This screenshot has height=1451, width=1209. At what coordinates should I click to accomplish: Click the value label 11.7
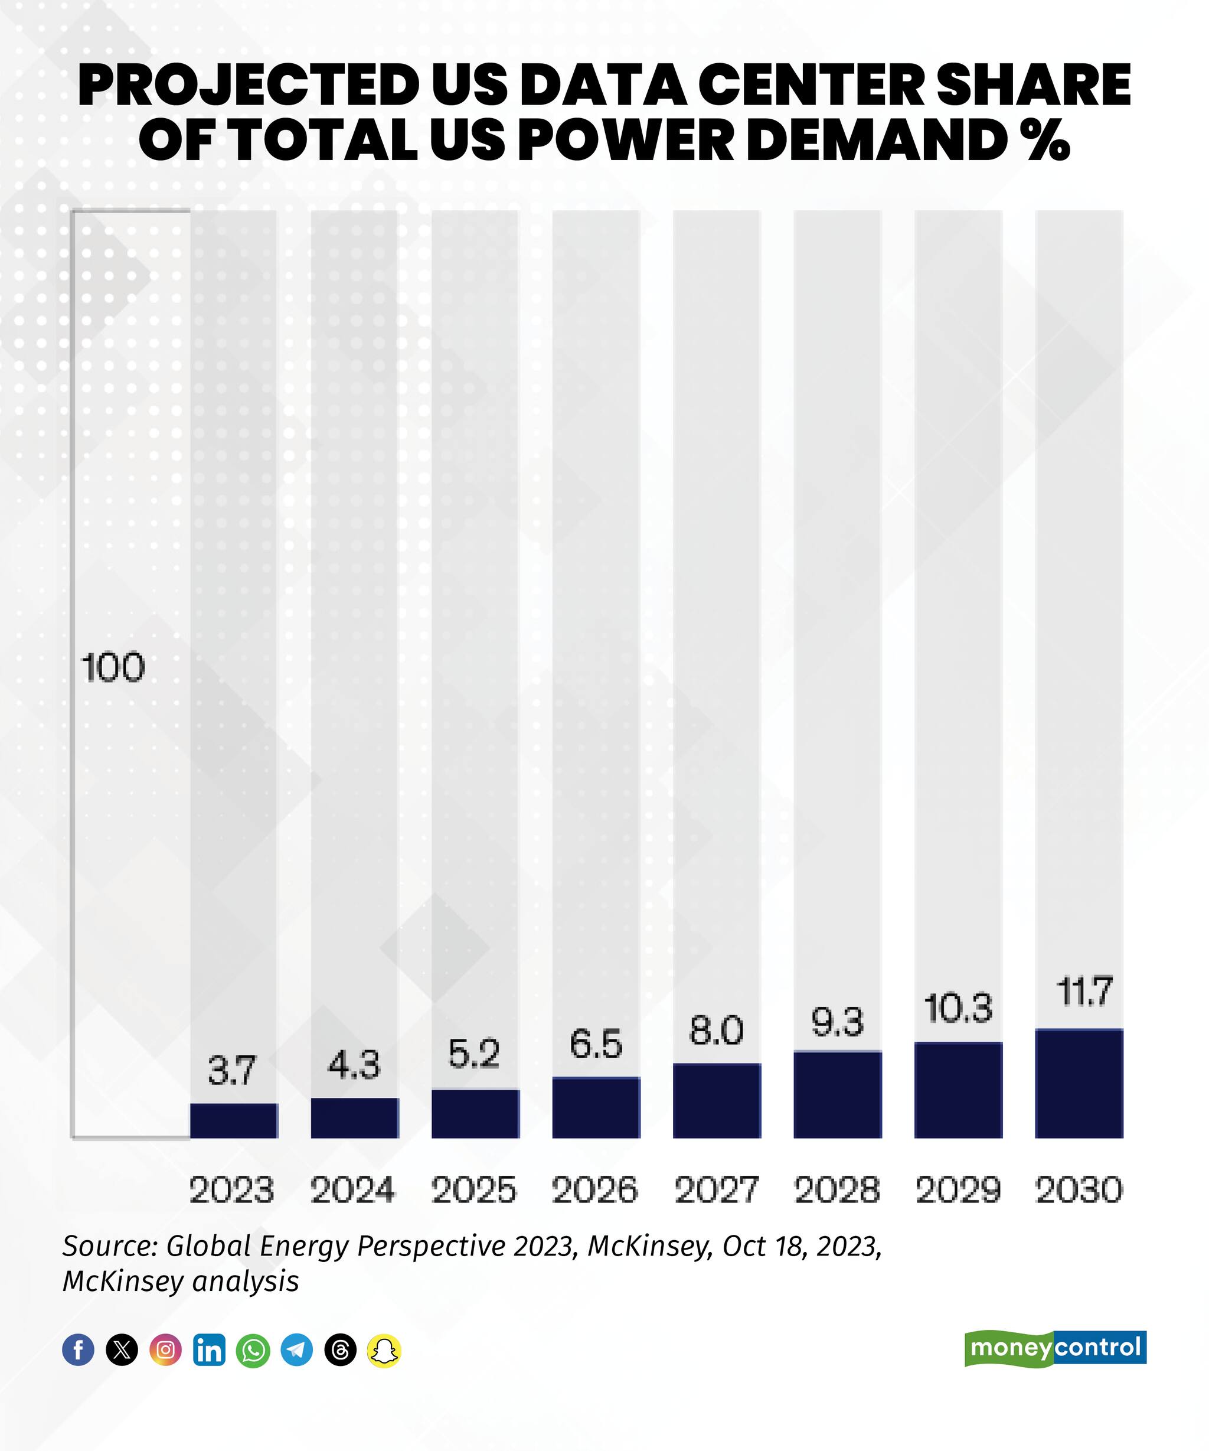[x=1084, y=992]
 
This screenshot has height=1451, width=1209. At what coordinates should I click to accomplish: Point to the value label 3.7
[x=232, y=1071]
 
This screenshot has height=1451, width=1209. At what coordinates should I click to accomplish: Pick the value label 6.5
[x=596, y=1044]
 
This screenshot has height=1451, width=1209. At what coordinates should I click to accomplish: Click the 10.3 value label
[x=958, y=1008]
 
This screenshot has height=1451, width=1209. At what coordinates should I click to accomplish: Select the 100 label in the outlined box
[x=113, y=668]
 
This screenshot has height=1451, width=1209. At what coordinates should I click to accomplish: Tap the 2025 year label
[x=474, y=1190]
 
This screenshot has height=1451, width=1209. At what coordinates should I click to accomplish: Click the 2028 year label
[x=837, y=1190]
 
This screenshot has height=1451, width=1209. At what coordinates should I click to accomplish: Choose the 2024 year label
[x=353, y=1190]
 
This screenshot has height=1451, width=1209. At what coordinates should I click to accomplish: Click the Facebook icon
[x=78, y=1349]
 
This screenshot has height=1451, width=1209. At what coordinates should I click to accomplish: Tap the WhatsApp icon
[x=253, y=1349]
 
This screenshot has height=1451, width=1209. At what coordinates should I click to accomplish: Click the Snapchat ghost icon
[x=384, y=1349]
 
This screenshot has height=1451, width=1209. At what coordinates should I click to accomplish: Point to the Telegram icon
[x=297, y=1349]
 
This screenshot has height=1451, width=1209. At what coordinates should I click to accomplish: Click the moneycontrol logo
[x=1055, y=1348]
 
